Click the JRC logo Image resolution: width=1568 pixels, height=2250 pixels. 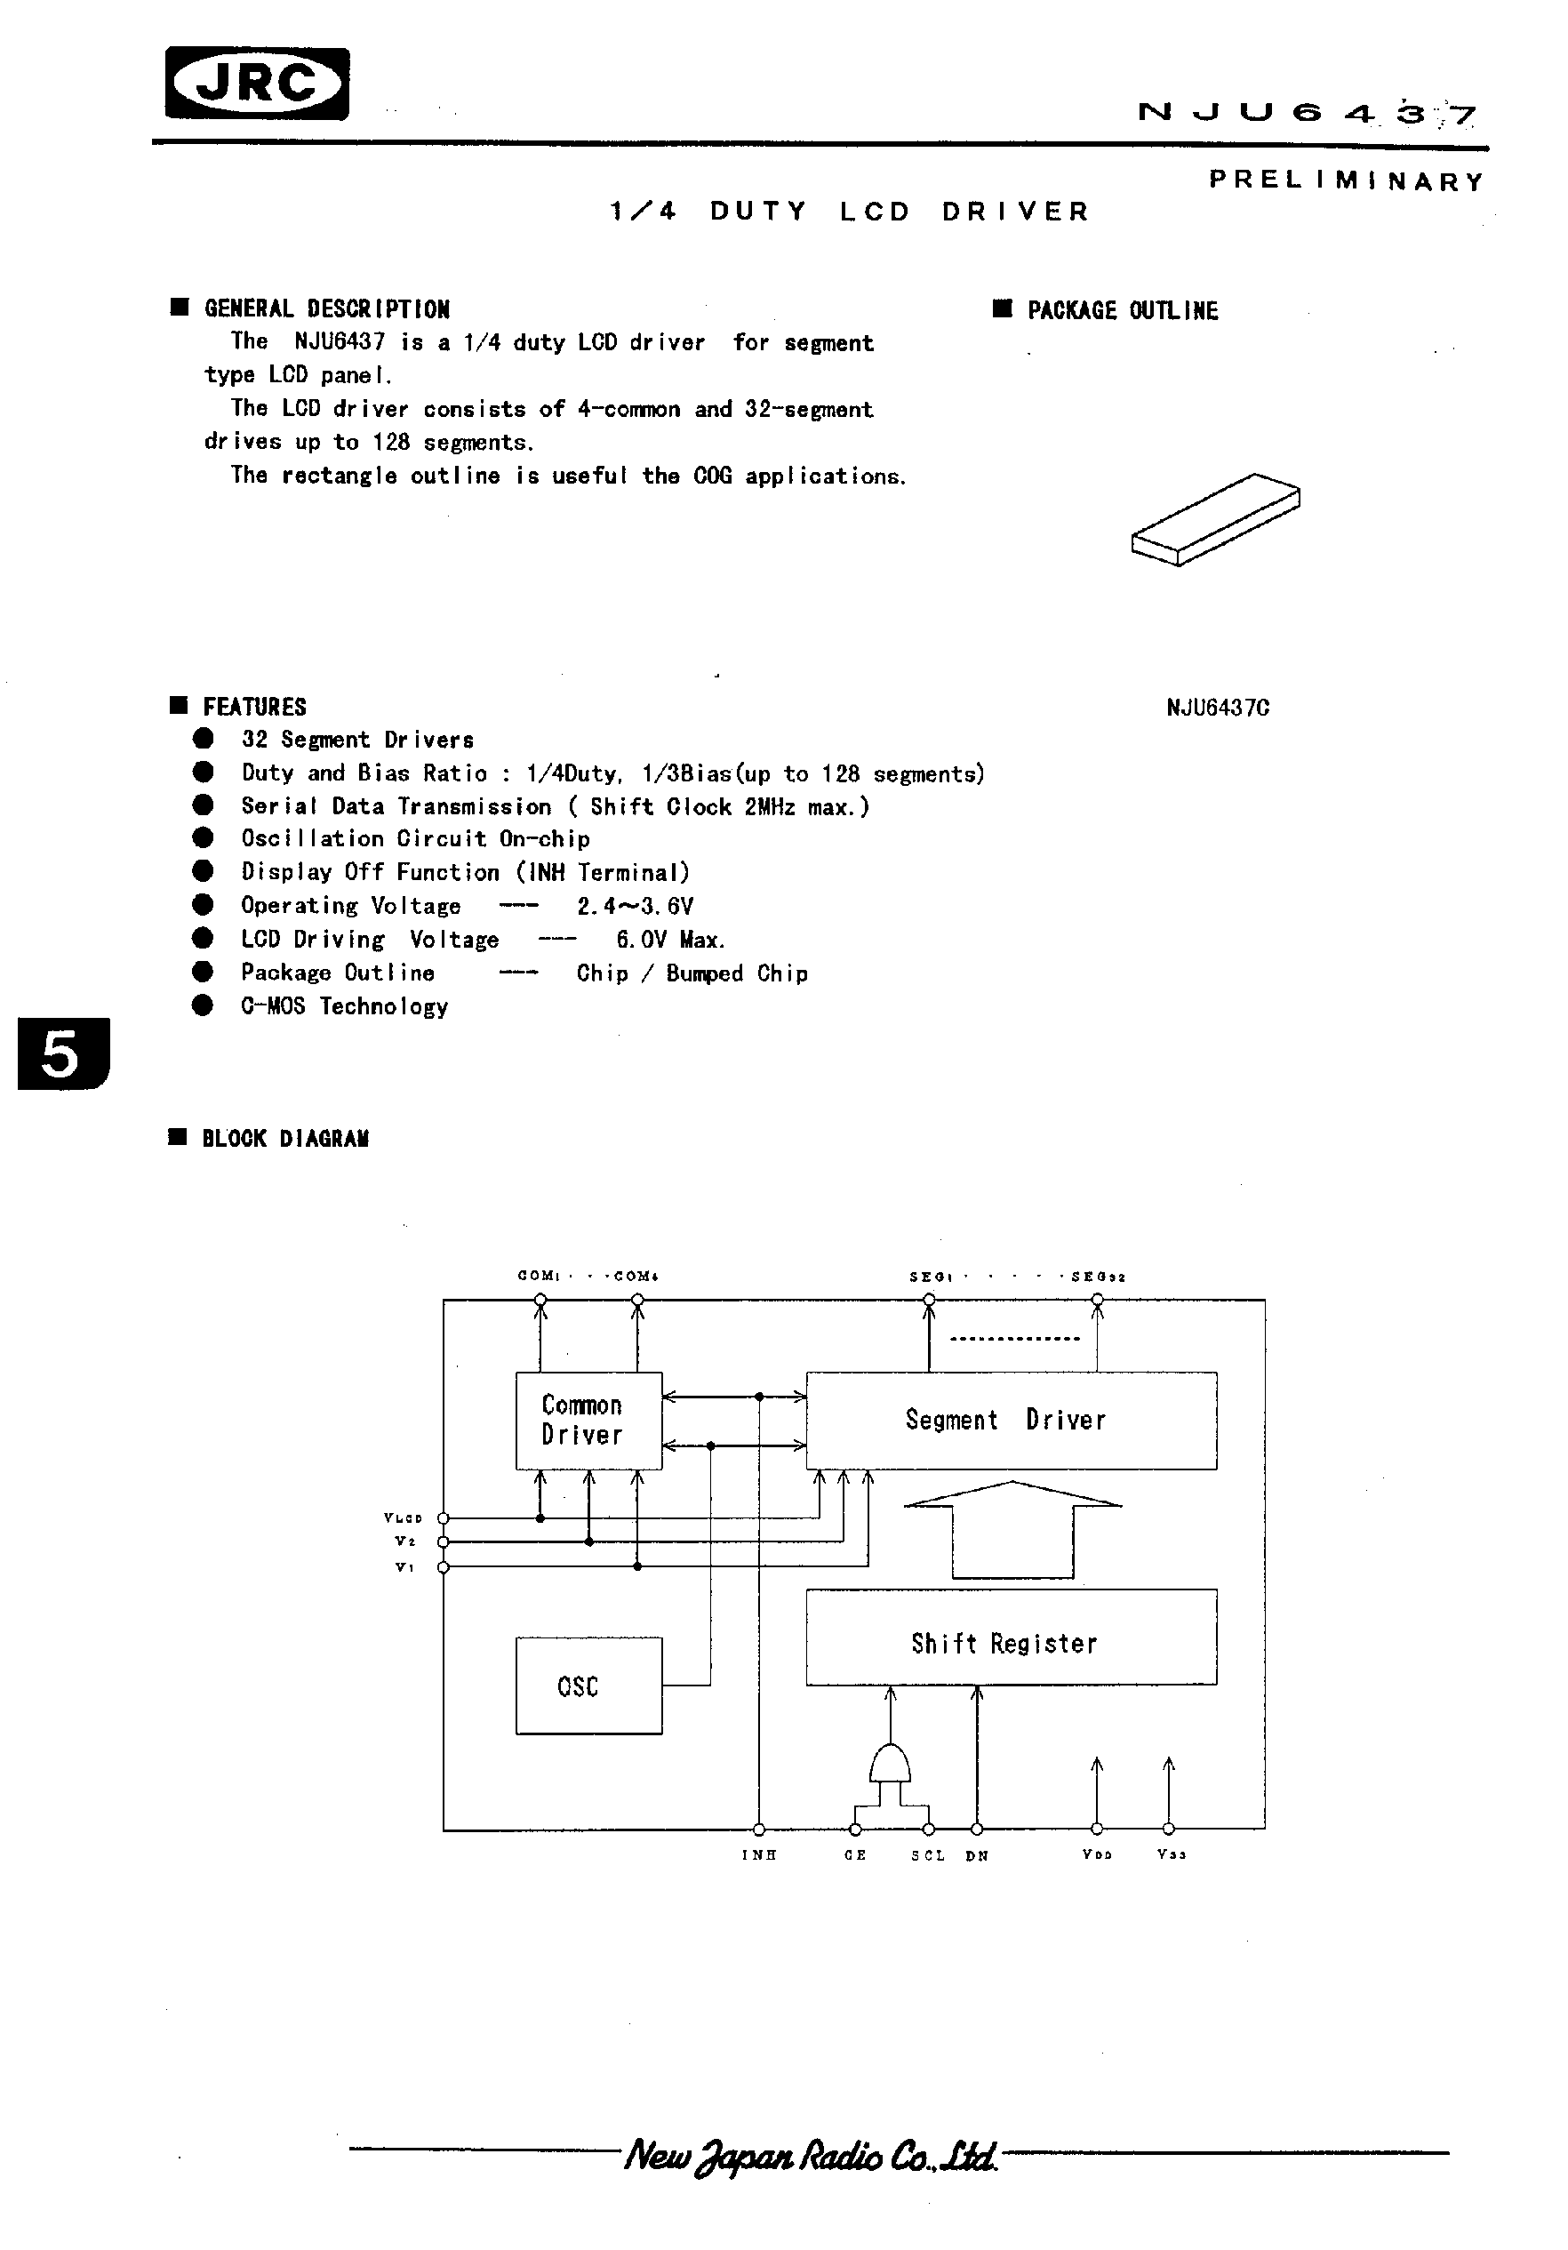(257, 84)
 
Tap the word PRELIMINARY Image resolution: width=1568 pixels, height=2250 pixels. (1347, 181)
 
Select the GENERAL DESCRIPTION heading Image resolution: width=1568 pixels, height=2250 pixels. (326, 309)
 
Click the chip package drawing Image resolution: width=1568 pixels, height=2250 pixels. (1215, 519)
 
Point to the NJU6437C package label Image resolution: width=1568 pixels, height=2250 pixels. (1217, 708)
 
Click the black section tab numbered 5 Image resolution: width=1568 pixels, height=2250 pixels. (63, 1054)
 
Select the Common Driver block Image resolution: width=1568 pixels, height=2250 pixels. (588, 1420)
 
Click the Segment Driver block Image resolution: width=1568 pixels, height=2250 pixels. (1011, 1420)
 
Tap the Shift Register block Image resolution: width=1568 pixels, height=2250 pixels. (1011, 1644)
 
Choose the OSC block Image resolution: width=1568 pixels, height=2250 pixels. (588, 1686)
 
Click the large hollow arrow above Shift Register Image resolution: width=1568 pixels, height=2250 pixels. (1012, 1528)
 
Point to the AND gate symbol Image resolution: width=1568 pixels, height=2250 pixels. (890, 1765)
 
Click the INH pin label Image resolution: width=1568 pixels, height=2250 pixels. (758, 1855)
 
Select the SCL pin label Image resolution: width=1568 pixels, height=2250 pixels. (927, 1855)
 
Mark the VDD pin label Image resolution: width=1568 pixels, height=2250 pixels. (1097, 1855)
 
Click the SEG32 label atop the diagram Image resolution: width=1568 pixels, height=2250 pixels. (1098, 1277)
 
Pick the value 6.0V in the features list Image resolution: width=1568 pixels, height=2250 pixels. (641, 940)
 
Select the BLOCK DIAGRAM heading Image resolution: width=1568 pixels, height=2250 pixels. (284, 1139)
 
